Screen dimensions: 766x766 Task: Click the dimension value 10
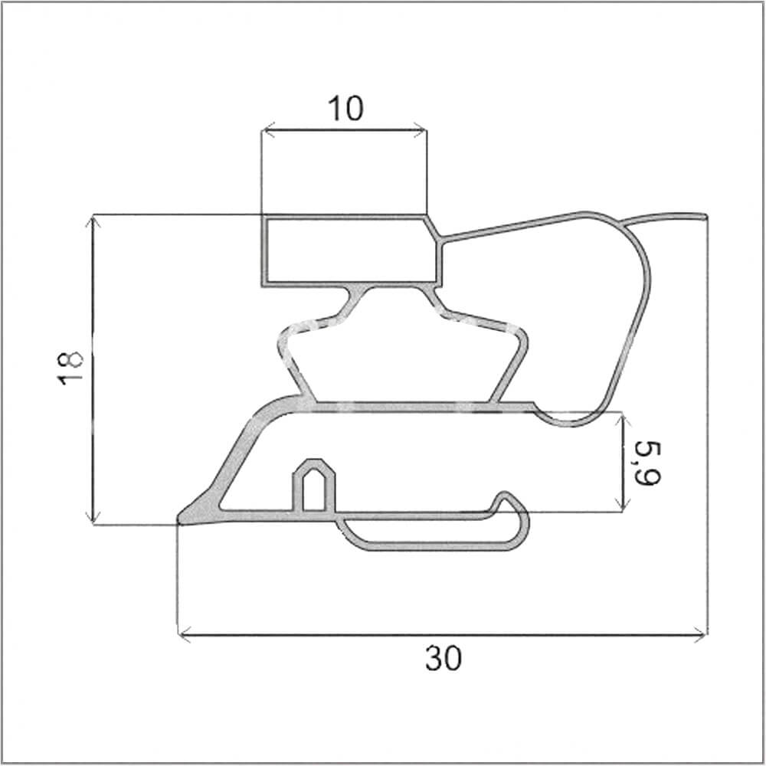[346, 108]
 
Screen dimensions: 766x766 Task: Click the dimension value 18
[70, 368]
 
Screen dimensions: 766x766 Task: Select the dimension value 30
[443, 658]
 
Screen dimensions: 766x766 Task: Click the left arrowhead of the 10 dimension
[267, 130]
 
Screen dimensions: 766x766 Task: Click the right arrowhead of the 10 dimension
[421, 130]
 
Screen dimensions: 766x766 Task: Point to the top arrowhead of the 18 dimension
[93, 221]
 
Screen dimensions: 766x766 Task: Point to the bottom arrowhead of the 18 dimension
[93, 519]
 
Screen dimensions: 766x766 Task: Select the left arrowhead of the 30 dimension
[184, 636]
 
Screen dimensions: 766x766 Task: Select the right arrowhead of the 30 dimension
[701, 636]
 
